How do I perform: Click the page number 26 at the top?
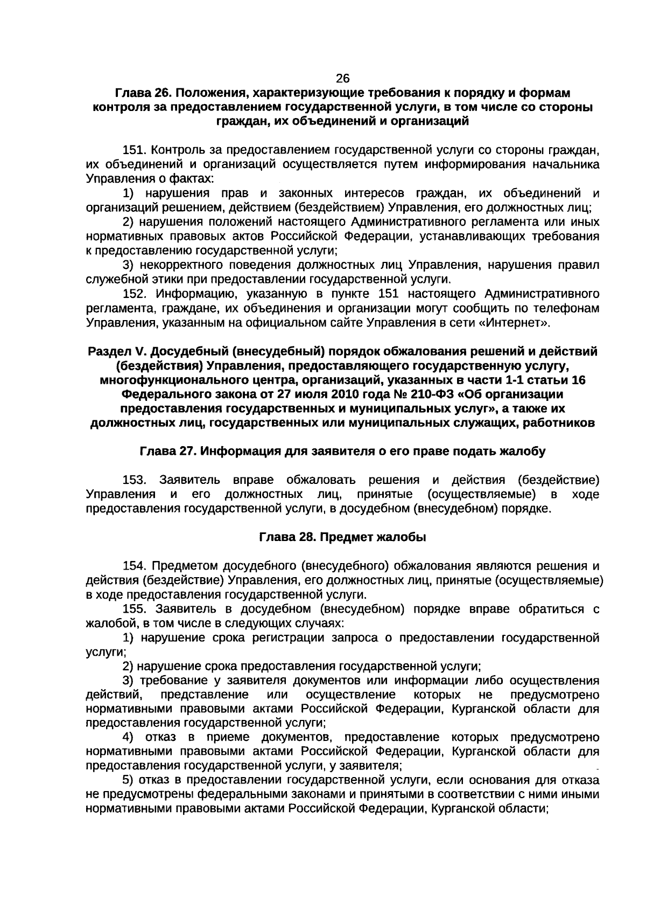(342, 79)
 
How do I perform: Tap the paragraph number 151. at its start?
(136, 150)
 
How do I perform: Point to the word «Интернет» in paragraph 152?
(515, 323)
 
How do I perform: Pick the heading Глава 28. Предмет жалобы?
(342, 537)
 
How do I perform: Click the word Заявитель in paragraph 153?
(189, 480)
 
